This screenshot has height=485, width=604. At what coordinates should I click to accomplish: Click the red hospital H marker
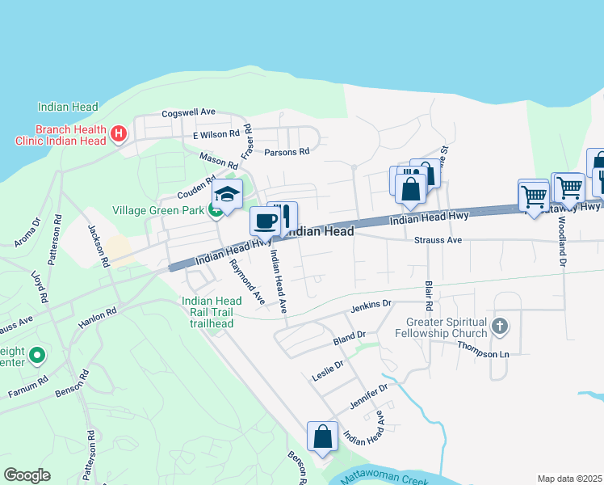[x=119, y=133]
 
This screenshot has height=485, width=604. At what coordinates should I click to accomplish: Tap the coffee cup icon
[x=265, y=221]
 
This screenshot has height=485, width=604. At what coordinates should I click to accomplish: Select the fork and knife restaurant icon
[x=284, y=216]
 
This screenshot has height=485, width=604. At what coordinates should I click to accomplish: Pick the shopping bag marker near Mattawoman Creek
[x=322, y=436]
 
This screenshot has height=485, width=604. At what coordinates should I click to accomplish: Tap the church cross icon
[x=500, y=327]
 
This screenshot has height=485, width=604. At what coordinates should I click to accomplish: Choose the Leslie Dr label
[x=328, y=370]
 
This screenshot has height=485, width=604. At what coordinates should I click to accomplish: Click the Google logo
[x=27, y=474]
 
